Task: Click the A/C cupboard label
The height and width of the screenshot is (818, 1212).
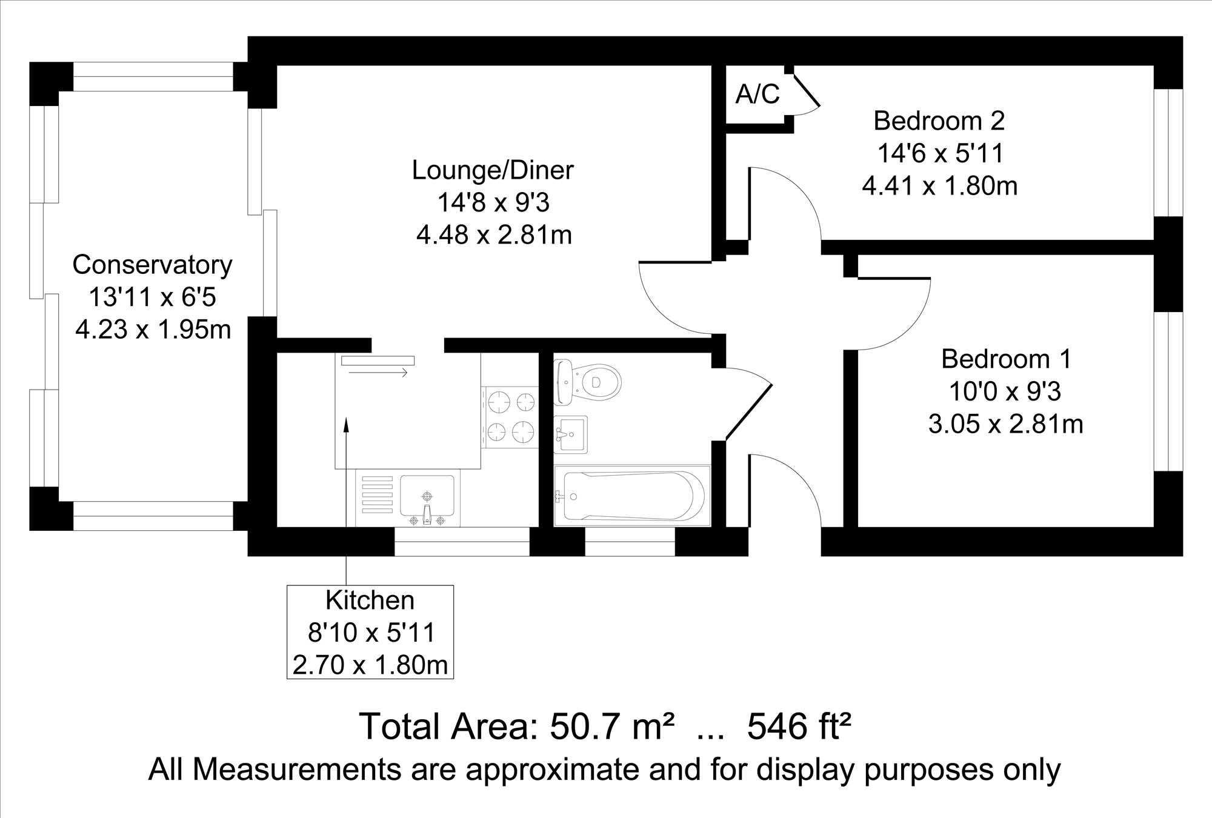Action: click(757, 94)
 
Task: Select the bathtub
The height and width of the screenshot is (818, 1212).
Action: click(632, 496)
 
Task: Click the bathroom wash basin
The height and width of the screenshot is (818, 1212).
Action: click(571, 434)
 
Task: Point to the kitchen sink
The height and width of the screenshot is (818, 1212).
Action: click(427, 497)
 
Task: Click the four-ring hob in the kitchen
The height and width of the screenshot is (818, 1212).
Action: click(510, 417)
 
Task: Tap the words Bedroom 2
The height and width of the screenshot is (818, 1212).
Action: click(939, 121)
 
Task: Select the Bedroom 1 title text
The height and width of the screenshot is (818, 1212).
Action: click(1006, 359)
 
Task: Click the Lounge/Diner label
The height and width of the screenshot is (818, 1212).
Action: click(493, 170)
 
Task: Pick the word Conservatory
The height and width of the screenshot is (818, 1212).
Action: click(152, 265)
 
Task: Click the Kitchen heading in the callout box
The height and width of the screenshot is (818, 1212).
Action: click(370, 600)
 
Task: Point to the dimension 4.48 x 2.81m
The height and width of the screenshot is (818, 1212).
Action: click(494, 235)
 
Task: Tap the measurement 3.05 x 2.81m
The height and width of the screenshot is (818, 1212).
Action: click(1006, 424)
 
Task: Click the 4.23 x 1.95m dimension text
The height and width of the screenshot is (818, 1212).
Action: click(153, 330)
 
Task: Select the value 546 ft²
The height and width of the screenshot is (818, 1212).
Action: click(799, 727)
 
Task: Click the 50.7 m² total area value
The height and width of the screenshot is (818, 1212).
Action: click(612, 727)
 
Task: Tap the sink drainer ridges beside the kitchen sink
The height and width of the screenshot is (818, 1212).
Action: click(376, 495)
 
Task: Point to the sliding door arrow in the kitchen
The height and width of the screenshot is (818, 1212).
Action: click(378, 372)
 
